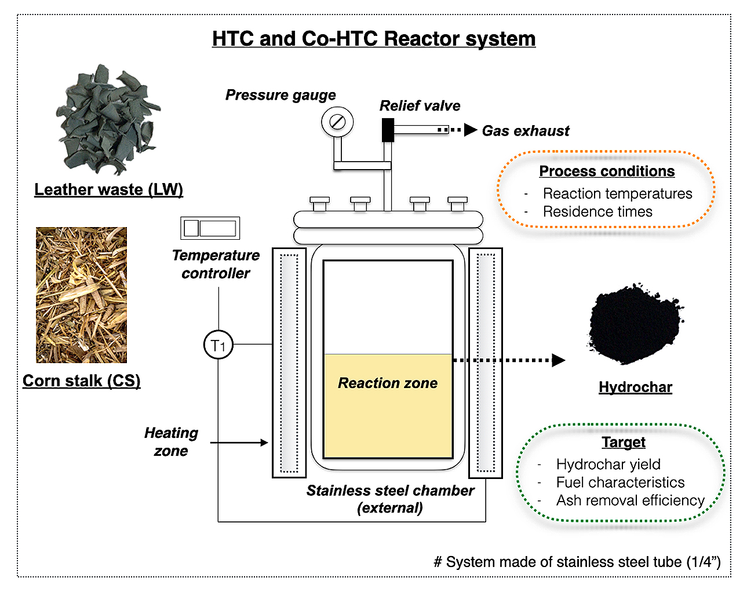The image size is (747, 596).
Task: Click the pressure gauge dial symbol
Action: [337, 122]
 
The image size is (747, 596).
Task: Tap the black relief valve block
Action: [387, 130]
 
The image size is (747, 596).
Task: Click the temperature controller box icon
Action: [210, 228]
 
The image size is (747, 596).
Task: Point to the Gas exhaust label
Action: [526, 131]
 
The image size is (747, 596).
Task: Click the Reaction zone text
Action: [388, 383]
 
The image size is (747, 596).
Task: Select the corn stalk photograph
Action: [82, 295]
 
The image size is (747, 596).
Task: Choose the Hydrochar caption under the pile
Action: [635, 387]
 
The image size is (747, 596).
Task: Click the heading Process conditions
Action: [607, 171]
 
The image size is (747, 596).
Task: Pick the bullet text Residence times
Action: [597, 212]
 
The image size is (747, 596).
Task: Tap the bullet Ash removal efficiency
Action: [630, 500]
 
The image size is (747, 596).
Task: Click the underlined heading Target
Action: [623, 443]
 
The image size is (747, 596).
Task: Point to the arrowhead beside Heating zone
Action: [264, 443]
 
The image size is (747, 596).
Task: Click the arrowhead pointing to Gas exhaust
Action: [471, 130]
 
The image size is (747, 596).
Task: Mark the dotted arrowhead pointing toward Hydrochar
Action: [558, 360]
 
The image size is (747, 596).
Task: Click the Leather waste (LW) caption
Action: [108, 189]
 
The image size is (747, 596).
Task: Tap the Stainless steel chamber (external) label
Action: [390, 499]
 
